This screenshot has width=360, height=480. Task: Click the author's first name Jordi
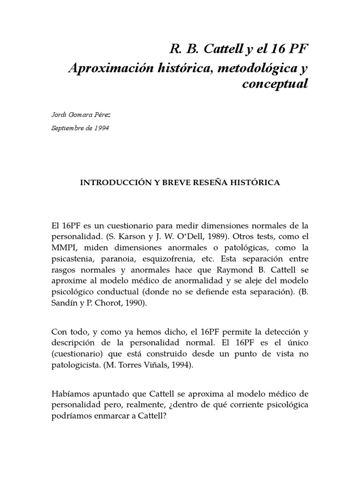(58, 114)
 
